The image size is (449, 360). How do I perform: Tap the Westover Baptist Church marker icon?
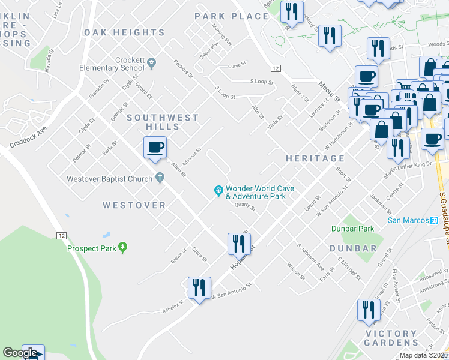pos(159,177)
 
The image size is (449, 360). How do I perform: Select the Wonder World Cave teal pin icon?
pos(219,191)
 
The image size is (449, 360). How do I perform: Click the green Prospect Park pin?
pos(123,247)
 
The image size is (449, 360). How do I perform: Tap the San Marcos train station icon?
pos(434,220)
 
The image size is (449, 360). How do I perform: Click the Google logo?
pos(20,353)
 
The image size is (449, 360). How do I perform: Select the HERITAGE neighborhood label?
pos(315,158)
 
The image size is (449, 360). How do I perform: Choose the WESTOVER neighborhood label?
pos(134,205)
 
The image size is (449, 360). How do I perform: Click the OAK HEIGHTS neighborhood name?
pos(124,32)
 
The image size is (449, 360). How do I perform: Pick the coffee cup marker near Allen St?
pos(155,148)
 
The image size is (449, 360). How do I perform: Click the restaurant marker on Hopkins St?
pos(239,244)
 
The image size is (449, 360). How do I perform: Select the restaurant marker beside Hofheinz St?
pos(199,288)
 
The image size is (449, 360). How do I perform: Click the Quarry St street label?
pos(245,207)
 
